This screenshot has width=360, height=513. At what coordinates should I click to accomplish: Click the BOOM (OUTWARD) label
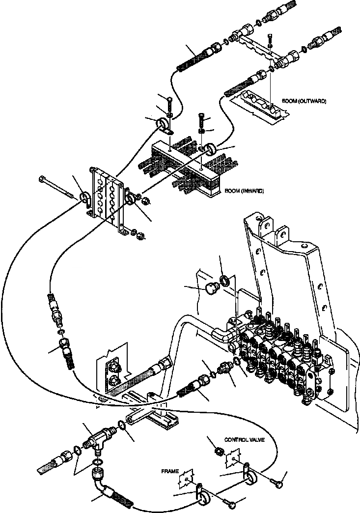[x=304, y=101]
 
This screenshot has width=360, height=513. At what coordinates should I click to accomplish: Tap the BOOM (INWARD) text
[x=243, y=191]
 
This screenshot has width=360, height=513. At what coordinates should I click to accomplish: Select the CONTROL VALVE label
[x=245, y=440]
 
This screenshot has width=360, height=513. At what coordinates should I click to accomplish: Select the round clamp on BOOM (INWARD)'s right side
[x=212, y=149]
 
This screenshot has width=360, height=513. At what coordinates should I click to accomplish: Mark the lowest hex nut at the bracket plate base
[x=138, y=234]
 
